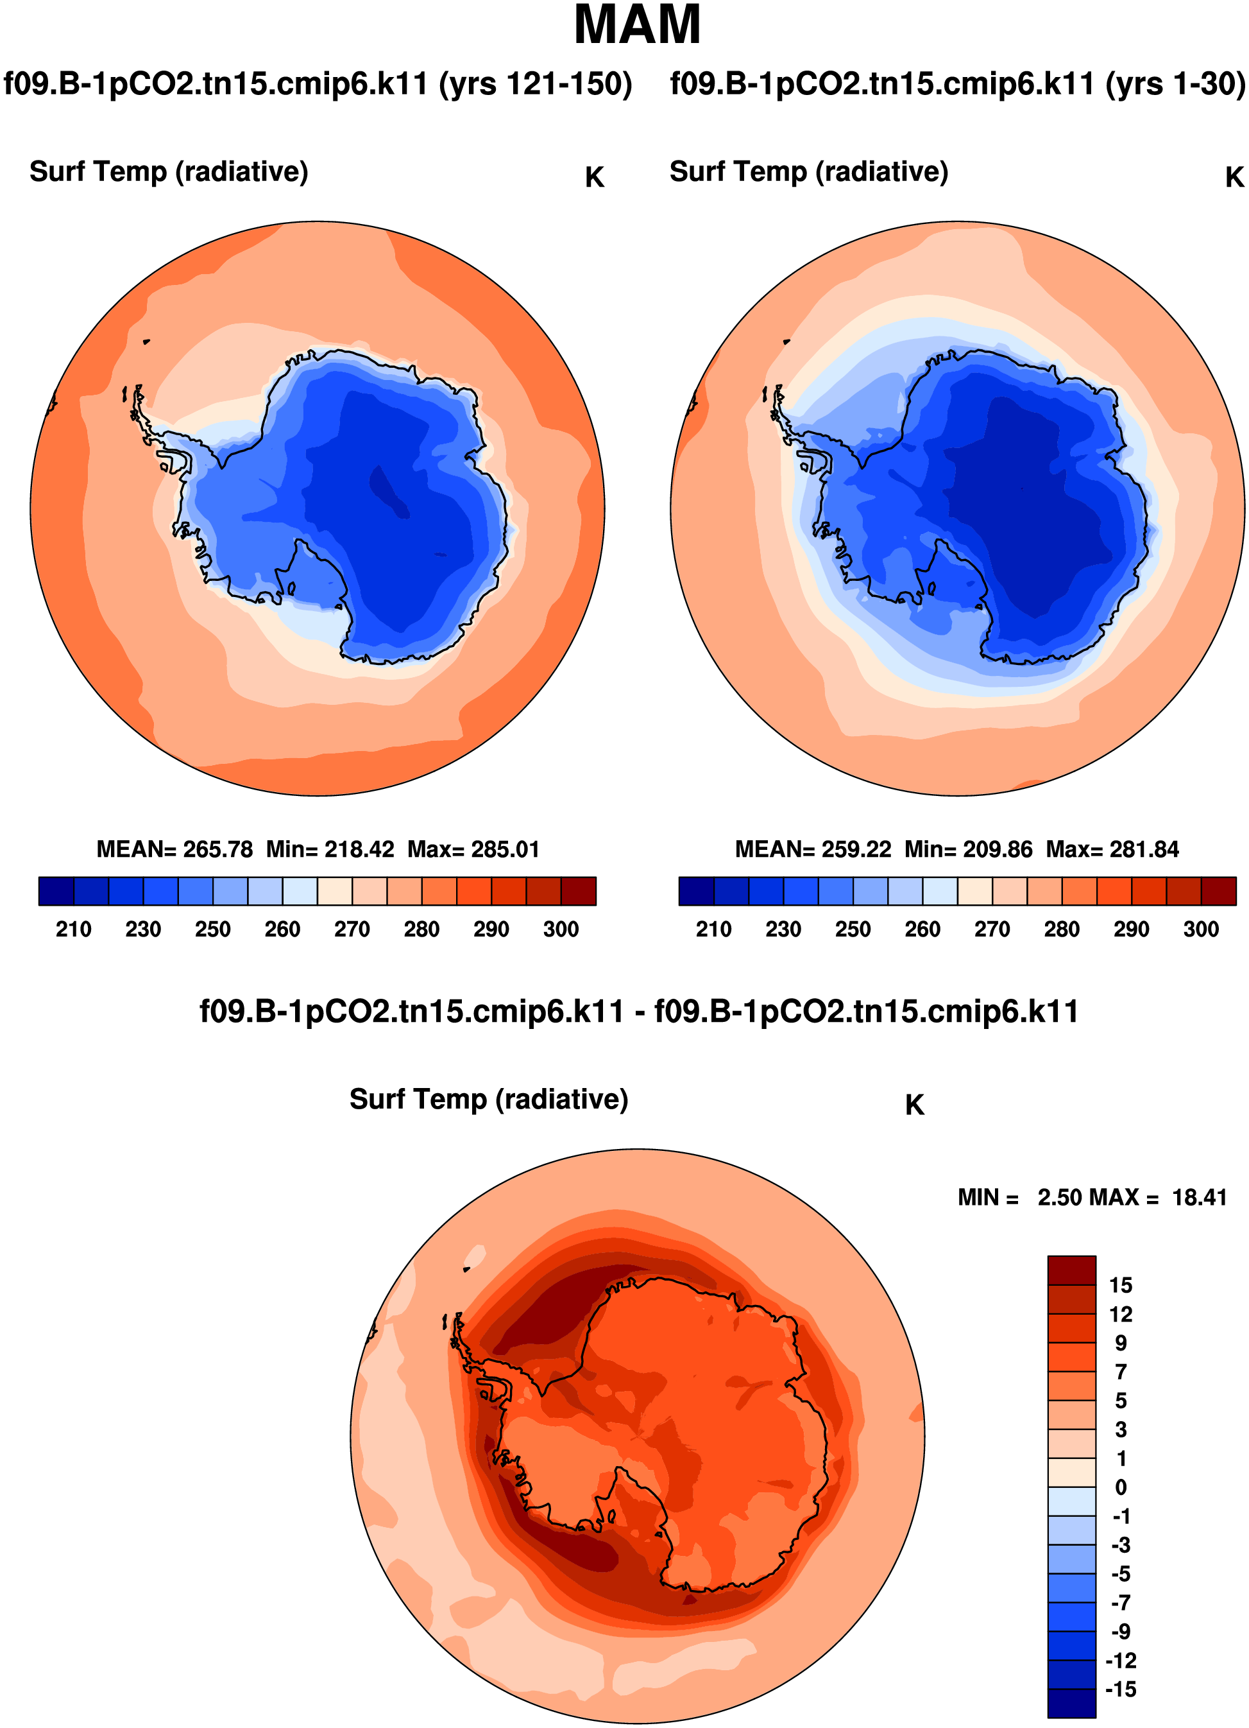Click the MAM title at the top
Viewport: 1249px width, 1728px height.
click(x=636, y=26)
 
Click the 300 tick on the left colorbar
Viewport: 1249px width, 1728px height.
click(x=561, y=929)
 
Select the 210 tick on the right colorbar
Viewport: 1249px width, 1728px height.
click(x=713, y=929)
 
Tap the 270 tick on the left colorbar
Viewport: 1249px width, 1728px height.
click(x=352, y=929)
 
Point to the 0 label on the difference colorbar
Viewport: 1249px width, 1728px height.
click(x=1120, y=1487)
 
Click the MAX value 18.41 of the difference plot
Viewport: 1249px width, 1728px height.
click(x=1200, y=1198)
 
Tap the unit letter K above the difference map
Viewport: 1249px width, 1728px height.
click(x=915, y=1105)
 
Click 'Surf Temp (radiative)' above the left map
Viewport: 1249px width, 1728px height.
click(x=168, y=172)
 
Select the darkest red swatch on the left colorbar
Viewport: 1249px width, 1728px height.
click(x=578, y=892)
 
